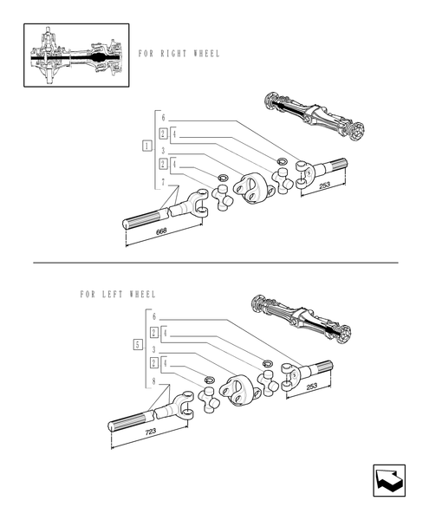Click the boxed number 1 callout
coord(147,145)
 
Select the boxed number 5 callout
coord(138,345)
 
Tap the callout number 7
coord(162,183)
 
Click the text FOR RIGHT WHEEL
coord(179,54)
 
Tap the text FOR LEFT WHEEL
coord(117,295)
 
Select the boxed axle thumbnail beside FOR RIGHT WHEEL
coord(76,55)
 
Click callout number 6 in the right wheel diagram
coord(162,118)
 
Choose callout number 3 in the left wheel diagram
coord(153,349)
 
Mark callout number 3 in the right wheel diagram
coord(162,150)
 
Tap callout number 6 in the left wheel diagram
coord(153,317)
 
